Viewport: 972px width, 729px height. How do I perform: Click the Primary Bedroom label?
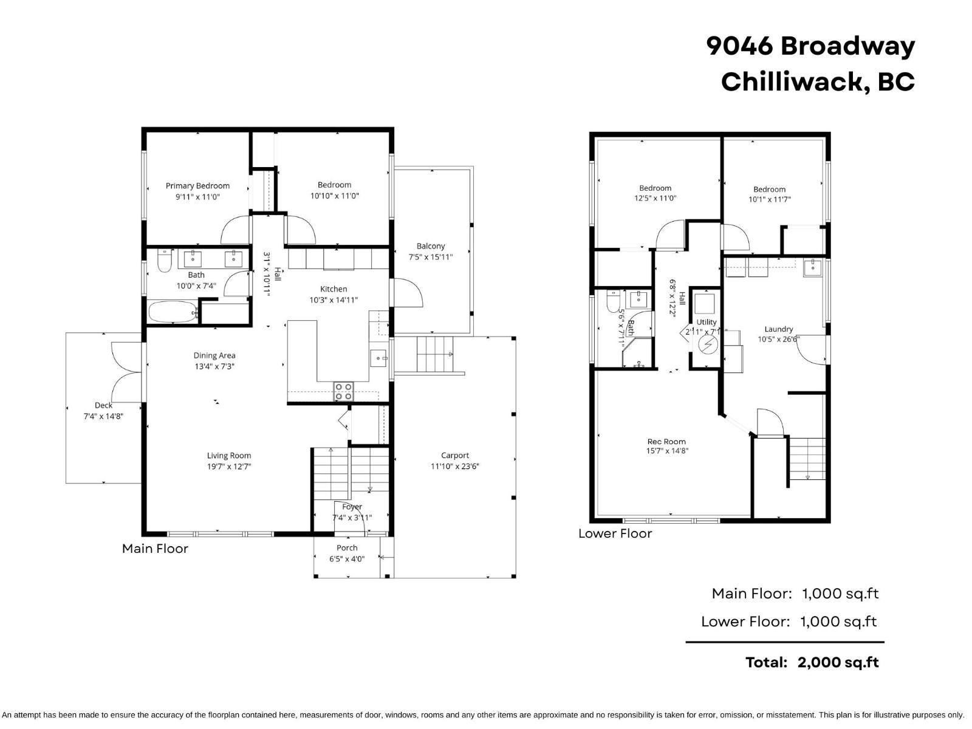pyautogui.click(x=197, y=186)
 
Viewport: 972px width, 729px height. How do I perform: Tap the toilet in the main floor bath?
pyautogui.click(x=165, y=261)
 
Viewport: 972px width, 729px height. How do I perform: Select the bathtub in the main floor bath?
pyautogui.click(x=173, y=312)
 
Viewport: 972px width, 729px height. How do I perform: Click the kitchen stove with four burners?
pyautogui.click(x=343, y=391)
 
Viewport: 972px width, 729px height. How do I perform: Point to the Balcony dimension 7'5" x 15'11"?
pyautogui.click(x=430, y=257)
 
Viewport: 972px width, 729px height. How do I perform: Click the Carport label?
pyautogui.click(x=455, y=455)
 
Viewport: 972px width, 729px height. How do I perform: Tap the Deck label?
pyautogui.click(x=103, y=405)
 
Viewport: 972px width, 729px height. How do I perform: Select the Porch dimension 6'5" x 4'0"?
pyautogui.click(x=347, y=559)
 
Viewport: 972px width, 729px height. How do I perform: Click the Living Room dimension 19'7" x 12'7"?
pyautogui.click(x=229, y=467)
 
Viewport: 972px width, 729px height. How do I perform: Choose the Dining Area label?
pyautogui.click(x=214, y=355)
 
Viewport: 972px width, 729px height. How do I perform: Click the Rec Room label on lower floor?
pyautogui.click(x=666, y=442)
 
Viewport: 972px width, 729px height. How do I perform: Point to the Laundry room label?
pyautogui.click(x=779, y=329)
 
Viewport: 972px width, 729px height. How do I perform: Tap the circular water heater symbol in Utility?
pyautogui.click(x=708, y=345)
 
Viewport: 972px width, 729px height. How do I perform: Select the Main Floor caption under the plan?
pyautogui.click(x=155, y=549)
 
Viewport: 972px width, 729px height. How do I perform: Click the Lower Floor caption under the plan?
pyautogui.click(x=615, y=533)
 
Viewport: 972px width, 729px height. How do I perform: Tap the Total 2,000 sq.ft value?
pyautogui.click(x=838, y=662)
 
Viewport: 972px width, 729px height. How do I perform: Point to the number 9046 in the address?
pyautogui.click(x=739, y=46)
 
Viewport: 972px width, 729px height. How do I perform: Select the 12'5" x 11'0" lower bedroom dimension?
pyautogui.click(x=655, y=198)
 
